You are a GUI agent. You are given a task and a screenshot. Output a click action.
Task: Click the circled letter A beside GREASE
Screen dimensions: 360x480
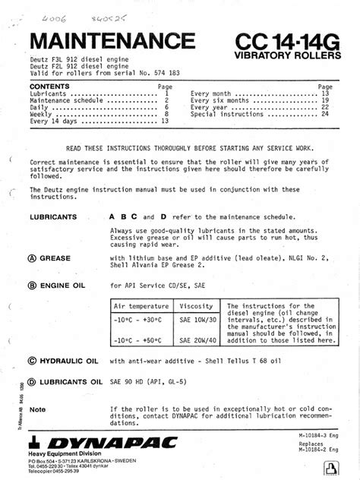click(32, 257)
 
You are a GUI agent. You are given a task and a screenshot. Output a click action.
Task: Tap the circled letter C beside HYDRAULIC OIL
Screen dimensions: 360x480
click(32, 362)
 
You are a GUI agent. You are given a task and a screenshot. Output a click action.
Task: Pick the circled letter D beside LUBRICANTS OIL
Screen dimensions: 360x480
click(32, 381)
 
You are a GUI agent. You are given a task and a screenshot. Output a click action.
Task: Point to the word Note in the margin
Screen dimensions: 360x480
click(38, 409)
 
